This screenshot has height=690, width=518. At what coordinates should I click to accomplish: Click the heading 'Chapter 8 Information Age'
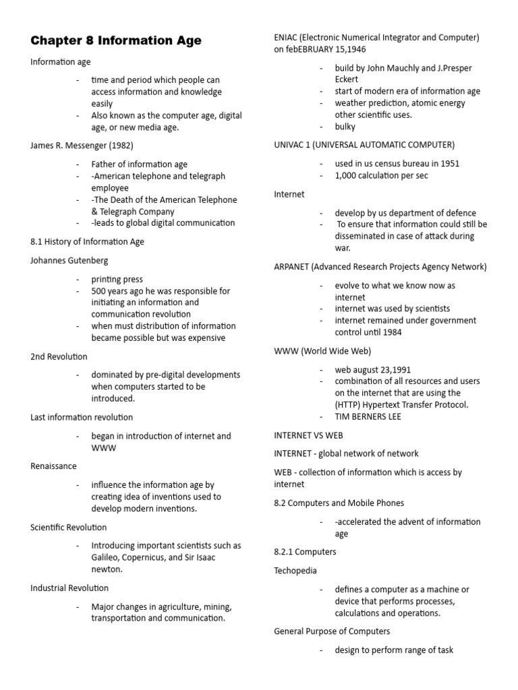(x=115, y=41)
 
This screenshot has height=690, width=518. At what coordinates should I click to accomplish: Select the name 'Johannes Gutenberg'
(x=69, y=260)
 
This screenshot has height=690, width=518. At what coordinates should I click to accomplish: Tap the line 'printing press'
(x=117, y=279)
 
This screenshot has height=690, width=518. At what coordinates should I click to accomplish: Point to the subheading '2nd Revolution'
(x=59, y=356)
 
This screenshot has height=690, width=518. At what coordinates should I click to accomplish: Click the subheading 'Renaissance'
(x=53, y=466)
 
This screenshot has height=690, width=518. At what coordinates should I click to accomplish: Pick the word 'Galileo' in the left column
(x=107, y=557)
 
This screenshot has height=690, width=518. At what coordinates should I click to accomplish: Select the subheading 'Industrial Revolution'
(x=69, y=588)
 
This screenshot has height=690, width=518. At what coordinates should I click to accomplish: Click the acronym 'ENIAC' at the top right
(x=287, y=38)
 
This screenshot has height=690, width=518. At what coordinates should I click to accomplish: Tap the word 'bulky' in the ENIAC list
(x=345, y=127)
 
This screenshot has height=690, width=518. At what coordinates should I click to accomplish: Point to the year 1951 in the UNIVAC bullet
(x=449, y=163)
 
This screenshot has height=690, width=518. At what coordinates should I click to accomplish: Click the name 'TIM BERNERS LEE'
(x=368, y=416)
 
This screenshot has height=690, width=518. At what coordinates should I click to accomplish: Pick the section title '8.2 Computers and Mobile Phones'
(x=339, y=503)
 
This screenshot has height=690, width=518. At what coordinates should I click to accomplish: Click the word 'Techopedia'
(x=295, y=570)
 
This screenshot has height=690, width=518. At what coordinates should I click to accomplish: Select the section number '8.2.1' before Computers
(x=286, y=551)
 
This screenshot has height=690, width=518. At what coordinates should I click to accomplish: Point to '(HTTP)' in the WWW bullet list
(x=351, y=404)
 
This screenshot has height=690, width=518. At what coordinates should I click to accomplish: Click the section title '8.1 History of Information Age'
(x=87, y=241)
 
